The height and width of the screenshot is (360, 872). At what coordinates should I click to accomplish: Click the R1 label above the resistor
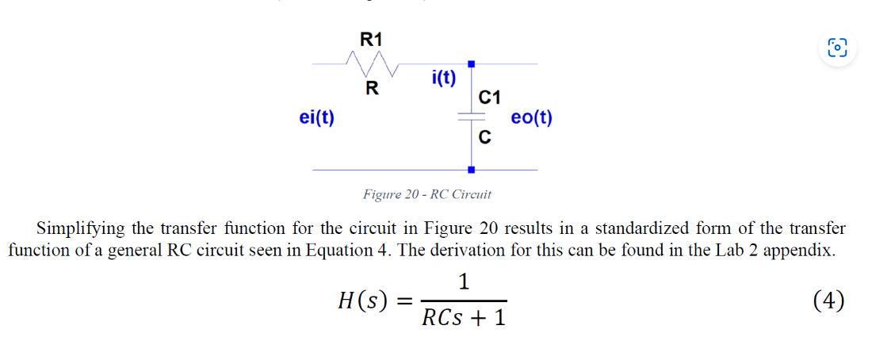coord(371,39)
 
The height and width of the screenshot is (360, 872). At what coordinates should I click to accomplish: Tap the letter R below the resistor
coord(370,87)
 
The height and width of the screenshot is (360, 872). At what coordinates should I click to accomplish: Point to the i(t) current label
coord(443,77)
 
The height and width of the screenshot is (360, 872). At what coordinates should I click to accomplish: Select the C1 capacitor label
coord(490,98)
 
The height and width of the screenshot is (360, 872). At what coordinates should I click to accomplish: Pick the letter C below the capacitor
coord(484,138)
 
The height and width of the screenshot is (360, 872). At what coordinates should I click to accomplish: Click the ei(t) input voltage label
coord(316,118)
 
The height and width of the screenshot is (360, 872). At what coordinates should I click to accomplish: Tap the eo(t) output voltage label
coord(532,118)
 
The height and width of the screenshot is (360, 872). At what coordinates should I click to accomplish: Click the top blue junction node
coord(471,63)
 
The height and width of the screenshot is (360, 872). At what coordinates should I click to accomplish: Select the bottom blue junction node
coord(471,170)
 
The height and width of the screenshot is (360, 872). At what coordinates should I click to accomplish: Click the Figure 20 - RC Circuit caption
coord(427,194)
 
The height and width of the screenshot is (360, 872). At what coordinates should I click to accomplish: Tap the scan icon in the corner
coord(837,47)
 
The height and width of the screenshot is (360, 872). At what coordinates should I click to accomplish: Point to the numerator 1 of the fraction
coord(464,281)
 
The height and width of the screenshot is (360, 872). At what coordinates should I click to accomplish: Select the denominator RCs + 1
coord(464,319)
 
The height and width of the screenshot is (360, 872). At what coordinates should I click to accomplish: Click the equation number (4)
coord(828,301)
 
